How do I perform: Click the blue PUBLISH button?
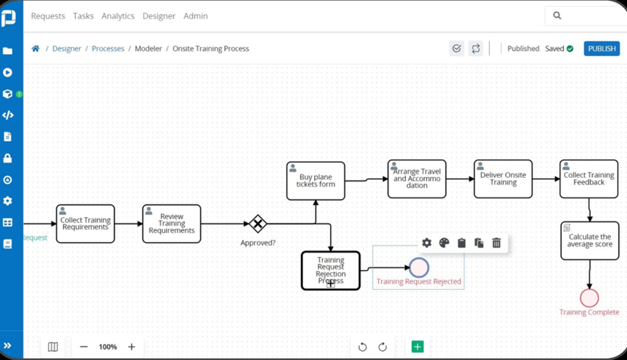tap(601, 48)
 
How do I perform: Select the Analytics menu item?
tap(118, 16)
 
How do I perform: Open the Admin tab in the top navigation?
tap(196, 16)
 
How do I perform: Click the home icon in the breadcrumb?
tap(36, 48)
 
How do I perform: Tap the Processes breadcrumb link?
tap(108, 48)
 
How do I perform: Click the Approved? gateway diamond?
tap(258, 224)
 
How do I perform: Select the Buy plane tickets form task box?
tap(315, 181)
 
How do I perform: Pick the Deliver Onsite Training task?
tap(503, 179)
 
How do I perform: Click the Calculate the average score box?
tap(590, 241)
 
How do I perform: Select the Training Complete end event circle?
tap(589, 298)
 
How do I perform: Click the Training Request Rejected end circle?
tap(419, 267)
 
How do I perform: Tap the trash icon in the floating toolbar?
tap(496, 243)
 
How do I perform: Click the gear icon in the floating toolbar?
tap(427, 243)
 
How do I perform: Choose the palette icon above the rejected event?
tap(444, 243)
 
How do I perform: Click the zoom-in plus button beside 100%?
tap(132, 347)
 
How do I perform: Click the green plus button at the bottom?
tap(417, 347)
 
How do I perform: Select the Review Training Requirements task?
tap(172, 224)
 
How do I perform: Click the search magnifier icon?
tap(557, 16)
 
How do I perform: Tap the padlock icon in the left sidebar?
tap(7, 158)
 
